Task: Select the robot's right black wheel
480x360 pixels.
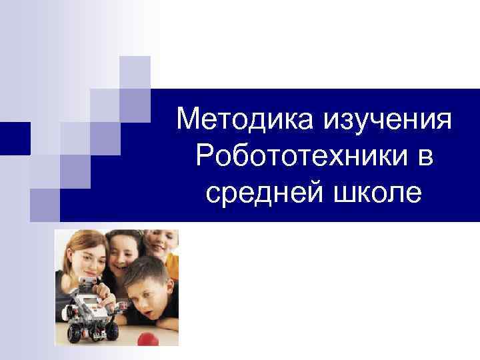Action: point(112,330)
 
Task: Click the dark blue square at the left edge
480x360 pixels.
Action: point(15,139)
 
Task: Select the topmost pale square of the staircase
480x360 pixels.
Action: point(135,72)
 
